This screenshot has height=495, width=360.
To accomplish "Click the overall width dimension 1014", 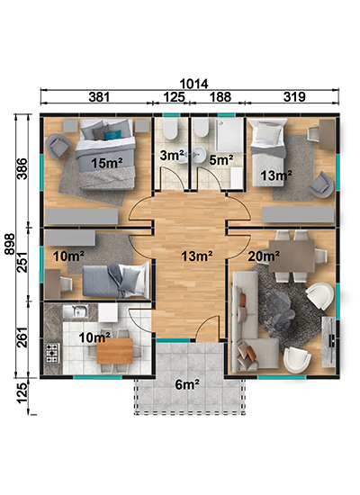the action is pyautogui.click(x=193, y=84).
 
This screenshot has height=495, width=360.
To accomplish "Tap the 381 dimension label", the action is pyautogui.click(x=99, y=97).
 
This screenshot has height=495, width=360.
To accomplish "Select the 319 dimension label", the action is pyautogui.click(x=294, y=97).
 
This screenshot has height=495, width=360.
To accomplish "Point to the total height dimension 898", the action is pyautogui.click(x=10, y=244).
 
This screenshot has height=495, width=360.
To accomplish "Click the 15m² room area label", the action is pyautogui.click(x=107, y=163).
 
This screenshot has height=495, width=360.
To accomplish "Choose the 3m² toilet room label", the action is pyautogui.click(x=172, y=155).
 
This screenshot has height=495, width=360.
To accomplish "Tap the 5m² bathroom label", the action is pyautogui.click(x=221, y=160).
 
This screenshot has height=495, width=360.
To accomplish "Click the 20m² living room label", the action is pyautogui.click(x=264, y=256).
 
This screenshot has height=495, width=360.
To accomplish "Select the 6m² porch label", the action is pyautogui.click(x=187, y=384).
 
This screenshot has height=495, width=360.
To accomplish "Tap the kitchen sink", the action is pyautogui.click(x=76, y=311).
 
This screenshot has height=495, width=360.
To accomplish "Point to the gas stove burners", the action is pyautogui.click(x=53, y=353).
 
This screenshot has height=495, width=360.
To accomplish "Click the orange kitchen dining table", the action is pyautogui.click(x=114, y=351).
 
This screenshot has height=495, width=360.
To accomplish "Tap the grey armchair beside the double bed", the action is pyautogui.click(x=58, y=146).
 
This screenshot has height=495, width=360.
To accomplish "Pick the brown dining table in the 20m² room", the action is pyautogui.click(x=292, y=256).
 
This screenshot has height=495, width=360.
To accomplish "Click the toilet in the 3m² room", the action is pyautogui.click(x=170, y=130).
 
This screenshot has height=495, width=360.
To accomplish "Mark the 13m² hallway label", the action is pyautogui.click(x=197, y=256).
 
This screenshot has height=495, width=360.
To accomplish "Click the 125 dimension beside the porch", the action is pyautogui.click(x=22, y=393).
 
